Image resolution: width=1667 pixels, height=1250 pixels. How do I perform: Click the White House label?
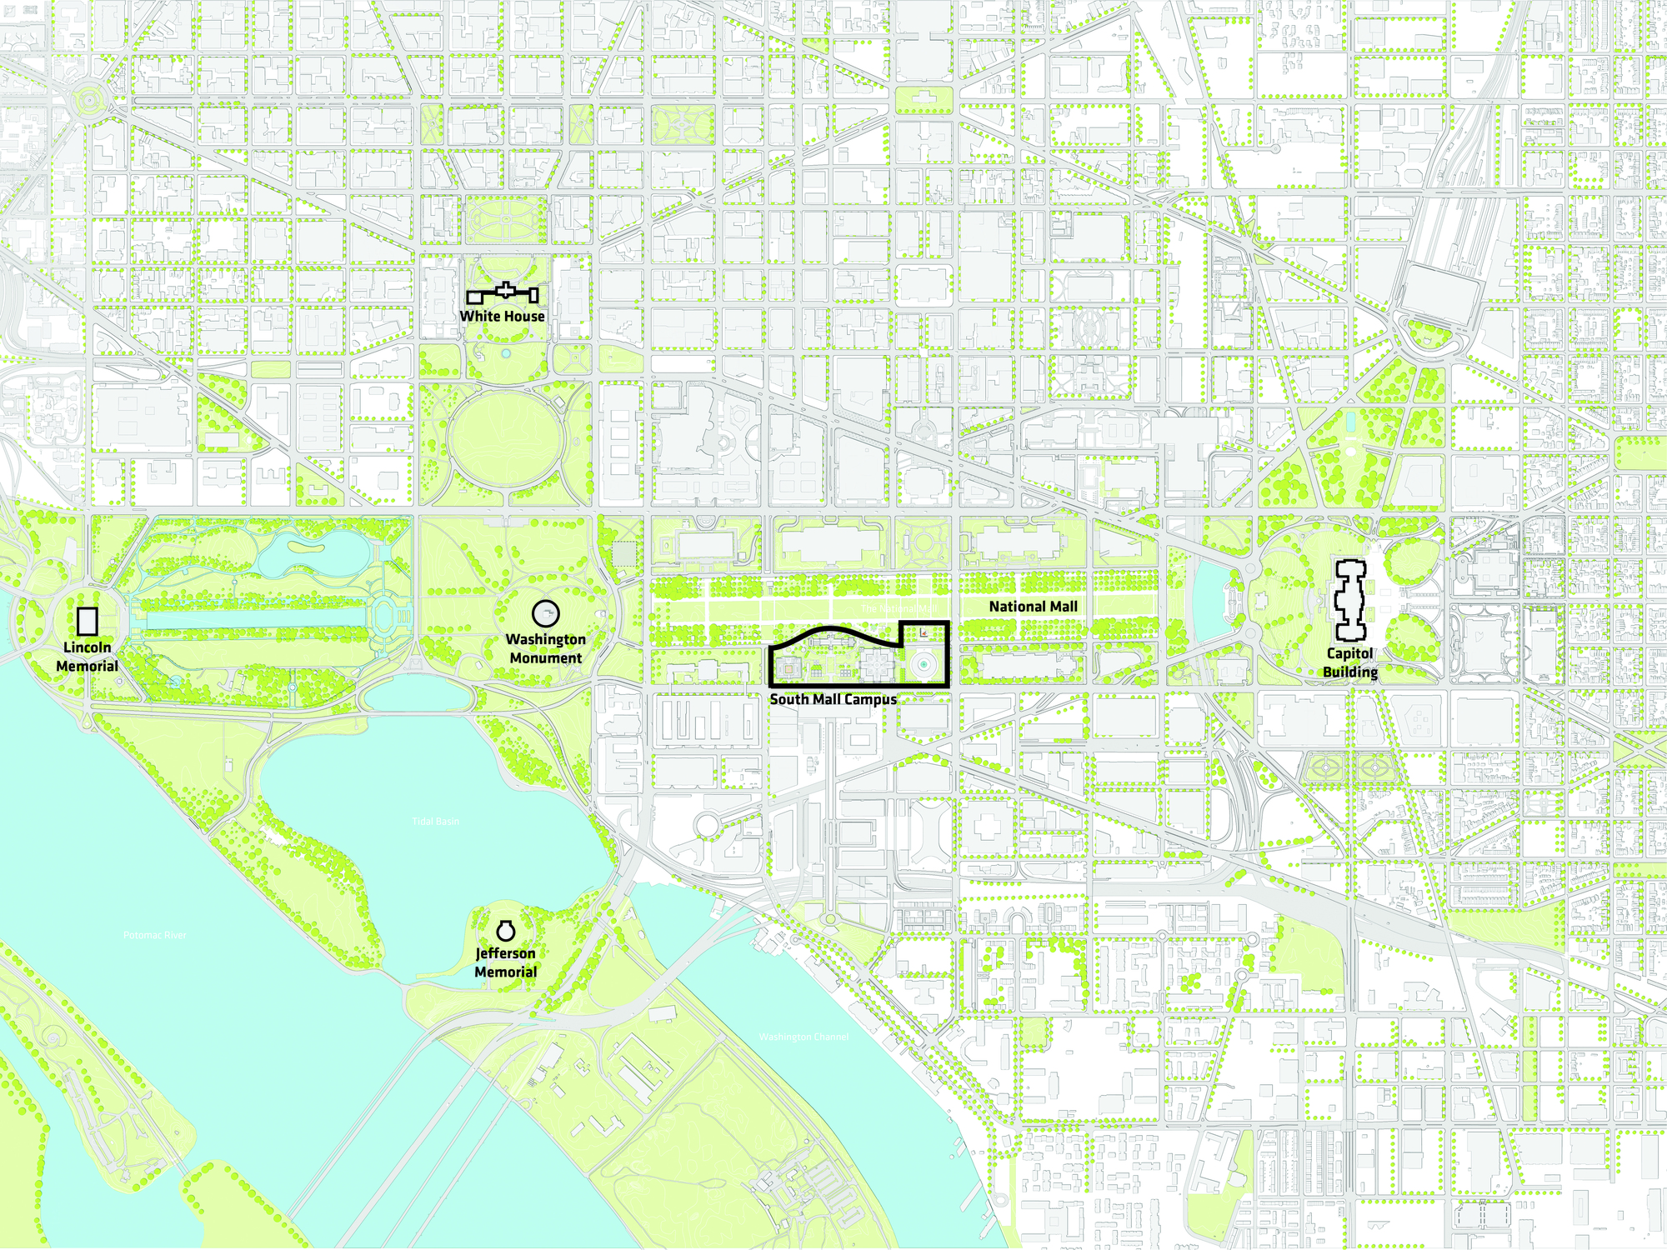click(x=502, y=316)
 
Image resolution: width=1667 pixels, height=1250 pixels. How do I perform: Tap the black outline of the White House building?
click(x=505, y=292)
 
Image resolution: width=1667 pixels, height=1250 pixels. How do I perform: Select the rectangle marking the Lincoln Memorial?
click(x=87, y=622)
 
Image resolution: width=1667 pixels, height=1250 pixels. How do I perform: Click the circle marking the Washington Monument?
click(x=545, y=614)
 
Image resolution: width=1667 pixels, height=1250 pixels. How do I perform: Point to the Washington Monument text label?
click(x=545, y=648)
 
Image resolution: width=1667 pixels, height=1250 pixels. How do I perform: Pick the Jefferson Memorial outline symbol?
click(x=505, y=930)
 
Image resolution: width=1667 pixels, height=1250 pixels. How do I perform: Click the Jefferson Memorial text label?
click(x=505, y=962)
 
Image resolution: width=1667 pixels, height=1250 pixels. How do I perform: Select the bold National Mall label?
click(x=1033, y=607)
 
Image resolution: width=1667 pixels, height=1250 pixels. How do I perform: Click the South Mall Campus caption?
click(x=833, y=699)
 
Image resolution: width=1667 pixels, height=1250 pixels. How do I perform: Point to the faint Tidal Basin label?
click(x=435, y=822)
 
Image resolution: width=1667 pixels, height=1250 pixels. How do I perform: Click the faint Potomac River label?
click(x=155, y=935)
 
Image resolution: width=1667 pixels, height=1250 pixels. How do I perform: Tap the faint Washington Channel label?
click(x=803, y=1037)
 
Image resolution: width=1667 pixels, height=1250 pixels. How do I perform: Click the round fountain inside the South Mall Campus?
click(x=924, y=664)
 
